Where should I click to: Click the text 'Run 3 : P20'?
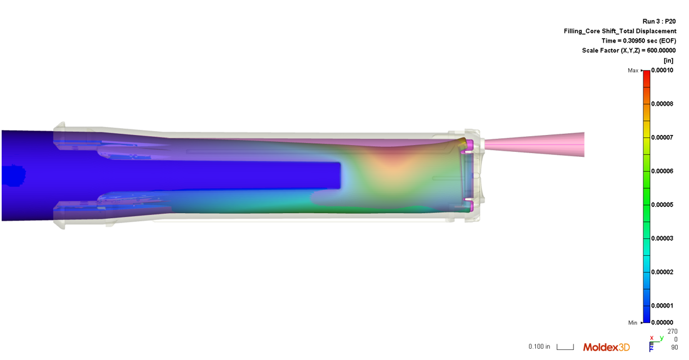[659, 21]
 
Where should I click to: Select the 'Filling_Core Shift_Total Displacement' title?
[620, 31]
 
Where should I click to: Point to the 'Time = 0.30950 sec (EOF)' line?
[639, 41]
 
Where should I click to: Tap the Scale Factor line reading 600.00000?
[629, 51]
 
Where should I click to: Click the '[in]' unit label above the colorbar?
[668, 61]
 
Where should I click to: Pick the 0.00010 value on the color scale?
[662, 70]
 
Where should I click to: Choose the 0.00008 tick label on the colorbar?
[662, 104]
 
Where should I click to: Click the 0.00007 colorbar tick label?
[662, 137]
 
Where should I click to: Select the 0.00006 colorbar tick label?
[662, 171]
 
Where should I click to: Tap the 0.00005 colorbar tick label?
[662, 204]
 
